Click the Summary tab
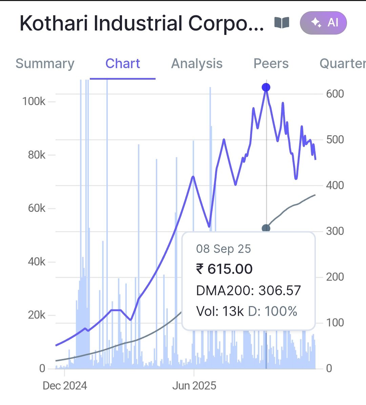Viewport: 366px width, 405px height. point(45,64)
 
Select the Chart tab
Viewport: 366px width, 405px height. point(123,64)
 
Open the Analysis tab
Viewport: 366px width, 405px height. point(197,64)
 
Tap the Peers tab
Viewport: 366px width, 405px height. point(271,64)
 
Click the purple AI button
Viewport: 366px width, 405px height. point(323,23)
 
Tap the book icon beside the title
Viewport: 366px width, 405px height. point(282,23)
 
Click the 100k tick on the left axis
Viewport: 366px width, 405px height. point(34,101)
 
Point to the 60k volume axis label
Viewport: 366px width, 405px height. point(36,208)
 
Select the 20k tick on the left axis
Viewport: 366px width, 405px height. point(36,315)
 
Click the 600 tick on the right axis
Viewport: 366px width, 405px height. point(335,94)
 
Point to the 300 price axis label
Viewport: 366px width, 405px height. point(335,231)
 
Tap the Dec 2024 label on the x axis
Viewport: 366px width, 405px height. point(65,386)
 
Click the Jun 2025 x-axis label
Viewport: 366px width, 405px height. point(194,386)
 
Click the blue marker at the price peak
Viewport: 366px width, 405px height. point(266,88)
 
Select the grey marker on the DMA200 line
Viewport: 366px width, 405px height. point(266,228)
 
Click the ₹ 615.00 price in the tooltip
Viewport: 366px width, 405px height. point(224,269)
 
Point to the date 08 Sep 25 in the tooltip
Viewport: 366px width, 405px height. point(224,249)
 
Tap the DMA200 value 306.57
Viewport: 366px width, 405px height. point(280,290)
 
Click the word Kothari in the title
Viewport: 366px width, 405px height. point(54,24)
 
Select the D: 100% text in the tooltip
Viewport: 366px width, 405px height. point(273,311)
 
